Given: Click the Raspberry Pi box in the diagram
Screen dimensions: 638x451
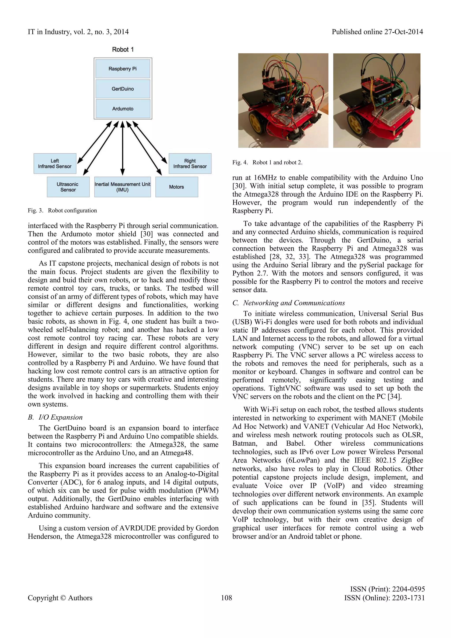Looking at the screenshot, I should [122, 69].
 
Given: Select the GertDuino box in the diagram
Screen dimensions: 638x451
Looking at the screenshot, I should [122, 89].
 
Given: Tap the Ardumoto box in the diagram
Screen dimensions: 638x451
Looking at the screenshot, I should [122, 109].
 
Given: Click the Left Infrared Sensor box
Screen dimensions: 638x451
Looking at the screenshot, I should [55, 164].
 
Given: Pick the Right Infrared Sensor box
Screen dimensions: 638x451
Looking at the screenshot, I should [190, 164].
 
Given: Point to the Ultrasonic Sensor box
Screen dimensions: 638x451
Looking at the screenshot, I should [68, 187].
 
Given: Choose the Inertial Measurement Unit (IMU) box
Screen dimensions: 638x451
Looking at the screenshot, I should [122, 187].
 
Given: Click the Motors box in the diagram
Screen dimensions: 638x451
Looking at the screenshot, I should [177, 187].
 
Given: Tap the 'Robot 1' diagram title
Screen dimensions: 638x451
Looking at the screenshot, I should [123, 49].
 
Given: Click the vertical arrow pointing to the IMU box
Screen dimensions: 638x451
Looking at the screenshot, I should [122, 147].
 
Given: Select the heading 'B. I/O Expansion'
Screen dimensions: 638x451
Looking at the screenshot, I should [55, 417].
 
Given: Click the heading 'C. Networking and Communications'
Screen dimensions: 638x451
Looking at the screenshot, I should [288, 303].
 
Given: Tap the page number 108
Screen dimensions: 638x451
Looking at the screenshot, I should [226, 598].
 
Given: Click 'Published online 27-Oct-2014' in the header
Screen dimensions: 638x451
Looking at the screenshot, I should [377, 32].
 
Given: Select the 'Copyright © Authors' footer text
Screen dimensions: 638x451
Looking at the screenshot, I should [60, 598].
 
